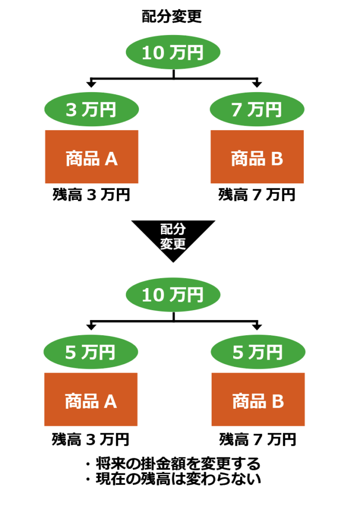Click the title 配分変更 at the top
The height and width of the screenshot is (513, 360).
pos(172,17)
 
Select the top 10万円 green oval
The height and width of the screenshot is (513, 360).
pos(173,53)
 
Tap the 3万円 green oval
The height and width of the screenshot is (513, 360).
pos(91,110)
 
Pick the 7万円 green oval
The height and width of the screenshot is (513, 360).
pos(256,110)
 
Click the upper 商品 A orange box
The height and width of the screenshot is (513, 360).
pos(92,157)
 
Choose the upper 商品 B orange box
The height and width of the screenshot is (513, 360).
pos(257,157)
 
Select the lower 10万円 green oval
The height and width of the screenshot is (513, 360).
pos(173,295)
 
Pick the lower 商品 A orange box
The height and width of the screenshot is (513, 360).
pos(91,400)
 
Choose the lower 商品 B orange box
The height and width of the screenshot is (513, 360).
pos(258,400)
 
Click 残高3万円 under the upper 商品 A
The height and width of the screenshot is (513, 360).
pos(92,195)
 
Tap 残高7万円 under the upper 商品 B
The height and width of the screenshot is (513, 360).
pos(257,195)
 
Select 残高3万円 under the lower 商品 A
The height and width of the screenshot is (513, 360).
pos(91,440)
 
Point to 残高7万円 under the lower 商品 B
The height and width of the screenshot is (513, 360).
pos(258,440)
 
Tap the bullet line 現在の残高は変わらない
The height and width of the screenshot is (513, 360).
pos(173,479)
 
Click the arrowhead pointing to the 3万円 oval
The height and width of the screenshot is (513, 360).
pos(91,84)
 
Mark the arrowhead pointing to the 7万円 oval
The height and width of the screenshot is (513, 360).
pos(257,84)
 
